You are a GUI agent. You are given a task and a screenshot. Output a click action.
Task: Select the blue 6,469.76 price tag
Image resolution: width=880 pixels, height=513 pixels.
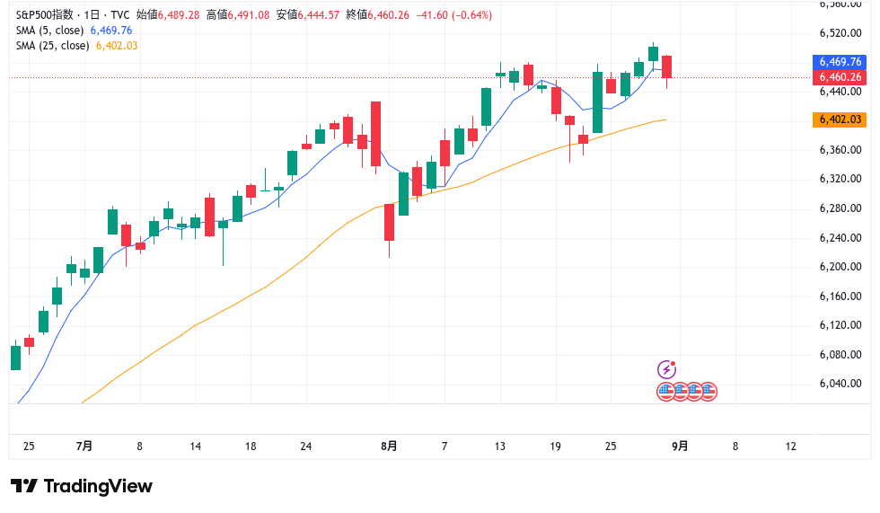click(x=840, y=62)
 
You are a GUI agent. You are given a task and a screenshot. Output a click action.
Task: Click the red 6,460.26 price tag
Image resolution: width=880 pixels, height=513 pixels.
click(x=840, y=77)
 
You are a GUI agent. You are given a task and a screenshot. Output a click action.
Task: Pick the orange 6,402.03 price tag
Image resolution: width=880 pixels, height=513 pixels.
click(x=840, y=119)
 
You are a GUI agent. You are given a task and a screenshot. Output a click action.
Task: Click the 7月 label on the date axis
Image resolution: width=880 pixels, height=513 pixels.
click(x=85, y=447)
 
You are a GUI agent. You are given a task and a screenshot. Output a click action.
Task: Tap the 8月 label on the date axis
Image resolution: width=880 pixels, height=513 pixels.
click(x=389, y=447)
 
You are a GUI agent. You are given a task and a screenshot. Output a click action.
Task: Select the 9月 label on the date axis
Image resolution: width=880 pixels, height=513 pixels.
click(x=680, y=447)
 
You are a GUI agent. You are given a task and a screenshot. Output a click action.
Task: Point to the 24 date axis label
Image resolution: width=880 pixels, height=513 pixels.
click(x=306, y=447)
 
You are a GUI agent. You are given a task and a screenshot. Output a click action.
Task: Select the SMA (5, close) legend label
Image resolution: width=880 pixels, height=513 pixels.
click(x=51, y=30)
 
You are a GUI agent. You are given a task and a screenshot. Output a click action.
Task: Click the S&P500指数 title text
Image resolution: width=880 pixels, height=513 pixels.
click(x=44, y=14)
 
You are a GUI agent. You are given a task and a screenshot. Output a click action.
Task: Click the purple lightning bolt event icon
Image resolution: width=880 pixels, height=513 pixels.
click(x=666, y=369)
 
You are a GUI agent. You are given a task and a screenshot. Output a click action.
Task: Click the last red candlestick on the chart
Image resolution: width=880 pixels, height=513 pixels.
click(x=666, y=66)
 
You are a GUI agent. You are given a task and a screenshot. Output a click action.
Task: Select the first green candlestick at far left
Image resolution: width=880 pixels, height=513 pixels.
click(x=14, y=357)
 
